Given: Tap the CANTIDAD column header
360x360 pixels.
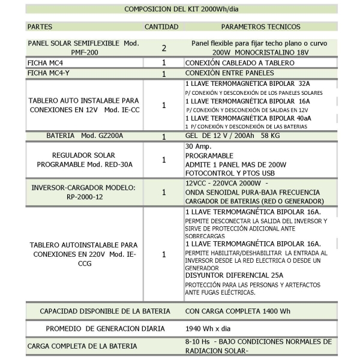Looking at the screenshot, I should click(x=161, y=28).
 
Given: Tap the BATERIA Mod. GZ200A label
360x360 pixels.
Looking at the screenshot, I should click(x=84, y=137).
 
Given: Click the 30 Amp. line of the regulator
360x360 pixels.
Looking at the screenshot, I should click(x=196, y=146).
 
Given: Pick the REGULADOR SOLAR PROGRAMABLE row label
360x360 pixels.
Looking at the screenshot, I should click(x=84, y=160).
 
